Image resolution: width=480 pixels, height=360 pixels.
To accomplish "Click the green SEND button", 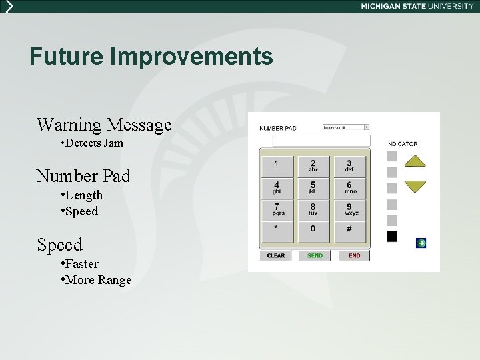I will [315, 255].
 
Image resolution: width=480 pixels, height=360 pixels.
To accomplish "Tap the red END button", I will [354, 255].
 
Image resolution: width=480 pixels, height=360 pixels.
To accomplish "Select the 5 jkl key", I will [313, 187].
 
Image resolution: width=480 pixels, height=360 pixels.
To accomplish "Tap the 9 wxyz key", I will [350, 209].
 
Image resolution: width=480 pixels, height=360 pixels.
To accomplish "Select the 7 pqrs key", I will [276, 209].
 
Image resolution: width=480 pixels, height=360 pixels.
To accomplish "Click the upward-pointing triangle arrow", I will [415, 161].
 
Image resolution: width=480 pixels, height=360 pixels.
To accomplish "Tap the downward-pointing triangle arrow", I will [415, 186].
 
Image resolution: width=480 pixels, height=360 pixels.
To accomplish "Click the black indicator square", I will [392, 237].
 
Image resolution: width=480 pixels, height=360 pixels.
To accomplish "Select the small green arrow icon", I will [421, 243].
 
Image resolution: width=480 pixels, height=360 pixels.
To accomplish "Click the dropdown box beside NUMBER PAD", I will [345, 127].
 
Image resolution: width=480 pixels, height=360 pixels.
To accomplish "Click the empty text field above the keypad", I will [321, 141].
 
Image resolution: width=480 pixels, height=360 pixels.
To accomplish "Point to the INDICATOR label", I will [402, 143].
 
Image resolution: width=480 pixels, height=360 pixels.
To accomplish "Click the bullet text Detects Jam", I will [94, 143].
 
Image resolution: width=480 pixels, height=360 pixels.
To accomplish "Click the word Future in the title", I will [67, 56].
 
